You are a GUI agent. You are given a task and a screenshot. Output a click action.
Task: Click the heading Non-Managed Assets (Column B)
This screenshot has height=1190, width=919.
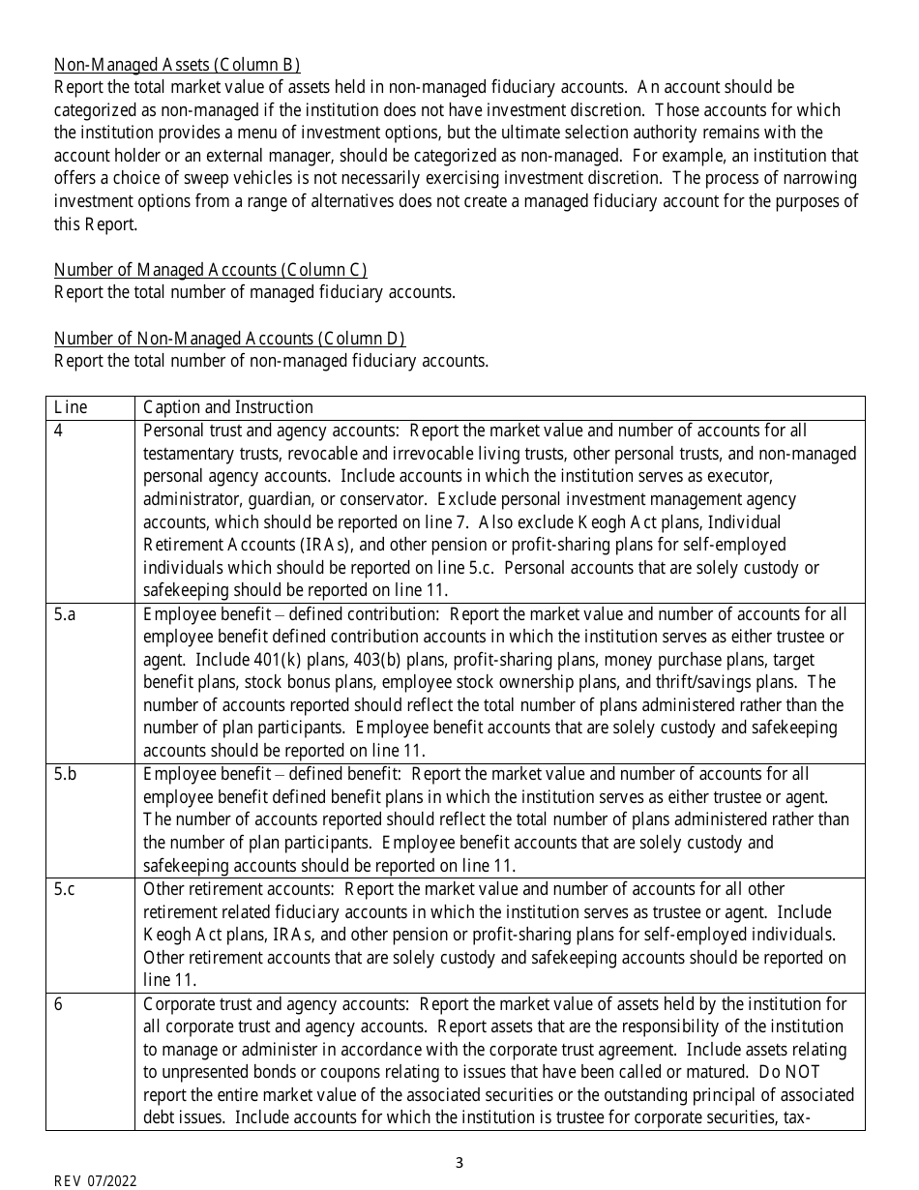tap(177, 65)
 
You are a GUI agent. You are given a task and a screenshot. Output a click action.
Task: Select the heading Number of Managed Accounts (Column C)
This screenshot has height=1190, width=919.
tap(210, 270)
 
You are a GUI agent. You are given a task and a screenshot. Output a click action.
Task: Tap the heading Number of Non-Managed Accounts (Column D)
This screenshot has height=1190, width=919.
tap(229, 339)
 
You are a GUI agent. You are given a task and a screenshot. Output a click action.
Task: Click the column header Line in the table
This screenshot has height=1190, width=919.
tap(71, 407)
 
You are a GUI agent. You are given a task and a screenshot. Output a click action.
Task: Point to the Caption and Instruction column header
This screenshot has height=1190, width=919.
tap(228, 407)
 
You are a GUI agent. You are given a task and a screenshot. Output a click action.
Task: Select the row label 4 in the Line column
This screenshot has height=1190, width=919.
tap(59, 431)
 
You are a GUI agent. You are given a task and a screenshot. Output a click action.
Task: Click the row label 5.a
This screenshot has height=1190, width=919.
tap(65, 614)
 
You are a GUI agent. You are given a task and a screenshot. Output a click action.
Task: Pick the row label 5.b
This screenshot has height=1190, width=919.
tap(65, 774)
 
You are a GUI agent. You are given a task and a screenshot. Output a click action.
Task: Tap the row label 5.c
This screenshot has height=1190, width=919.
tap(64, 889)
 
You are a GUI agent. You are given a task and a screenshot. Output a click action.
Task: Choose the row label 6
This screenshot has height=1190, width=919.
tap(59, 1004)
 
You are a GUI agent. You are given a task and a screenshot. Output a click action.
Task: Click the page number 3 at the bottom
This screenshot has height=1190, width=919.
tap(459, 1163)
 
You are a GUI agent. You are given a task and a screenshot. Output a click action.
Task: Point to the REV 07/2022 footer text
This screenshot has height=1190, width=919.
tap(95, 1181)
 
